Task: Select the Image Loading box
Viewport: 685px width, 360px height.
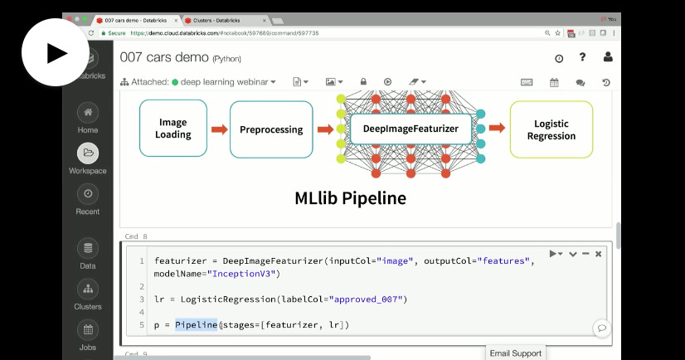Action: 173,129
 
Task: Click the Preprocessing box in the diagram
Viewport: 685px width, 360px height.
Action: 271,129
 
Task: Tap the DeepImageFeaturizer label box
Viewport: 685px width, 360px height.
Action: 411,129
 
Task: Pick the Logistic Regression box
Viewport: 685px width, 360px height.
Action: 551,129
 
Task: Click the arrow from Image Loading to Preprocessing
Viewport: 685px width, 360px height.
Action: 219,129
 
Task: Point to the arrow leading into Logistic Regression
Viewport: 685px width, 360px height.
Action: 497,129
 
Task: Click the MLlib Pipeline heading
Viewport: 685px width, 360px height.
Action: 350,198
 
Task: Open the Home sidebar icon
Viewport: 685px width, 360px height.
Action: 88,112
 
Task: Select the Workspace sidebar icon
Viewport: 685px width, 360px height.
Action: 88,153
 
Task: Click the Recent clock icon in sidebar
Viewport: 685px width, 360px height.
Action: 88,193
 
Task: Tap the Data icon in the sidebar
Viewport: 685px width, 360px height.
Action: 88,248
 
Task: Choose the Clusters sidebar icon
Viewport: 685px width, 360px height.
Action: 88,289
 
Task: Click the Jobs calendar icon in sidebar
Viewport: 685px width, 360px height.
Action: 88,329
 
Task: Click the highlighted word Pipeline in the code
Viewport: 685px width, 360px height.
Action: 196,324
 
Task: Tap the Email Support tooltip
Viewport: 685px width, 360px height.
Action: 515,353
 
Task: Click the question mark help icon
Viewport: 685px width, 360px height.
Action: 583,57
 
